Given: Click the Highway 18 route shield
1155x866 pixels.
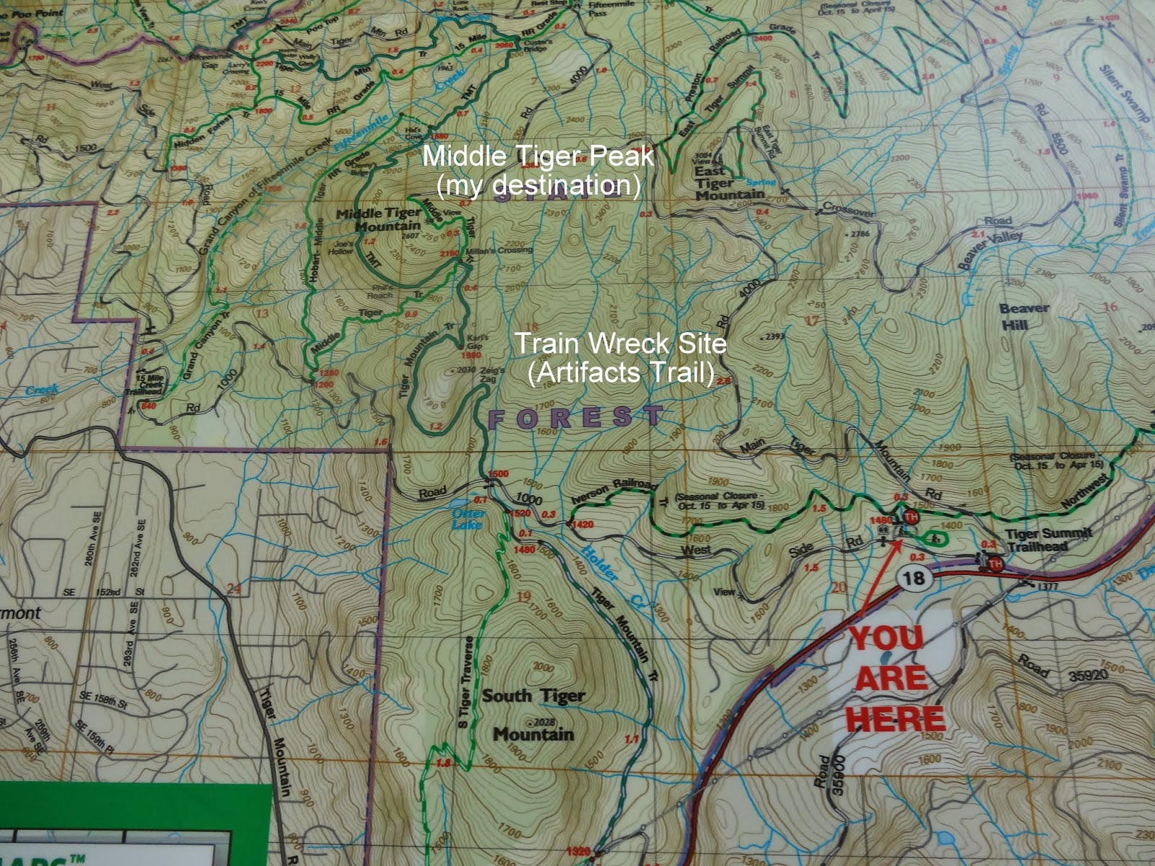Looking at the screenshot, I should point(913,577).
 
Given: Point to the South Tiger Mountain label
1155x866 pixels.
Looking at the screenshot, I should point(533,715).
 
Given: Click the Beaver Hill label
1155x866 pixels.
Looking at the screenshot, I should point(1023,316).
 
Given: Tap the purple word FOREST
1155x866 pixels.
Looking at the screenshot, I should point(575,417).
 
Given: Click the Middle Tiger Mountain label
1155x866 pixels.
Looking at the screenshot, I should point(378,219).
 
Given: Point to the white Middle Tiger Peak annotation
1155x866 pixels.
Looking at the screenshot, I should point(538,170).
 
